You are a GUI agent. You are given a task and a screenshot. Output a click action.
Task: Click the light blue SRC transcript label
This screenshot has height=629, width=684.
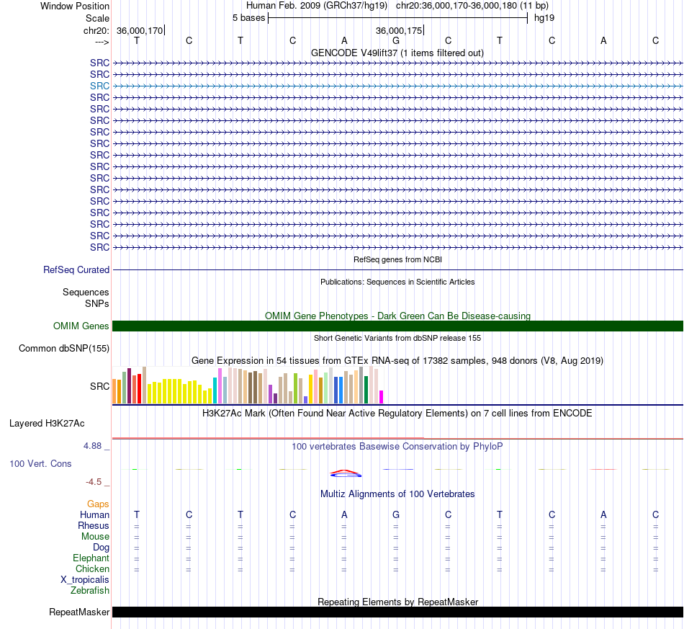coord(99,86)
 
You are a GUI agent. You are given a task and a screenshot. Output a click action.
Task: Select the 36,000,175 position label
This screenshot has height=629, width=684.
coord(399,30)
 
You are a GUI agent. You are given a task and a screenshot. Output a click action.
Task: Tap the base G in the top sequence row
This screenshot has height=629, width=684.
coord(396,40)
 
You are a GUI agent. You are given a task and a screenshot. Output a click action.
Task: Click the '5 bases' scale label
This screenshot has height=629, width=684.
coord(248,18)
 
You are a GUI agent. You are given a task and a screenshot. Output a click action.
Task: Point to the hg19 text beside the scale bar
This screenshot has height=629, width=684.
coord(544,18)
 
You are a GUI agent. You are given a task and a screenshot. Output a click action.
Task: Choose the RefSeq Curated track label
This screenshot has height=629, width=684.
coord(76,269)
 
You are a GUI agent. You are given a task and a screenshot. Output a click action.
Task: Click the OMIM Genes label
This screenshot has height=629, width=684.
coord(81,326)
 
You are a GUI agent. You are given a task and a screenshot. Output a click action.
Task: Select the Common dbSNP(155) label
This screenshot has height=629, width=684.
coord(64,348)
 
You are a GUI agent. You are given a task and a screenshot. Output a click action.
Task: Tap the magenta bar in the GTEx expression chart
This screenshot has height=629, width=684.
coord(382,397)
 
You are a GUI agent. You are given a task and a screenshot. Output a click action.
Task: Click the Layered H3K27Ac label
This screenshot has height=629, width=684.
coord(47,424)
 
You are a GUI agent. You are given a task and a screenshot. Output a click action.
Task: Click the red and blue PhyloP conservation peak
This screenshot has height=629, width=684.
coord(346,473)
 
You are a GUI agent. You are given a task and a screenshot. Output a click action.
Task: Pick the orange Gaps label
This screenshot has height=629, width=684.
coord(98,504)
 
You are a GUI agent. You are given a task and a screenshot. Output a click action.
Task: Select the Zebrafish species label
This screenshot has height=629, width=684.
coord(90,591)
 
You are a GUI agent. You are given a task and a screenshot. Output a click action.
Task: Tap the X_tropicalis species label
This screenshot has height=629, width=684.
coord(85,580)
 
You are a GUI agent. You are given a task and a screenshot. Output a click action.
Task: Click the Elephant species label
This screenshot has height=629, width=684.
coord(91,558)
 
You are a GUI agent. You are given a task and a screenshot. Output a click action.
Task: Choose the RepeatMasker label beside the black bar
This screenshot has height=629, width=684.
coord(79,612)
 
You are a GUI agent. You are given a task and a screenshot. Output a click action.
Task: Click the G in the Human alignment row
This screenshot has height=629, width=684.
coord(396,514)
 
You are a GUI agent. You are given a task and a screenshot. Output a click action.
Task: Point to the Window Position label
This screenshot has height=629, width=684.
coord(75,6)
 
